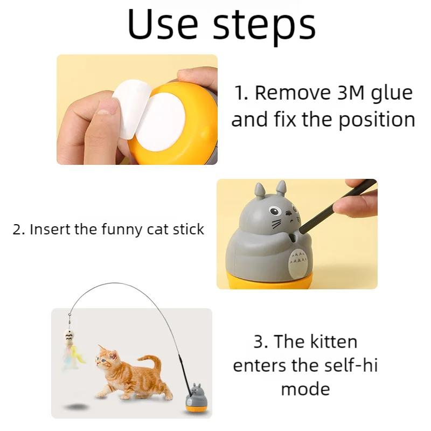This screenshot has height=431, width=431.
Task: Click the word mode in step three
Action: (305, 388)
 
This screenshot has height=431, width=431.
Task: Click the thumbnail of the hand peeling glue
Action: (137, 109)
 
